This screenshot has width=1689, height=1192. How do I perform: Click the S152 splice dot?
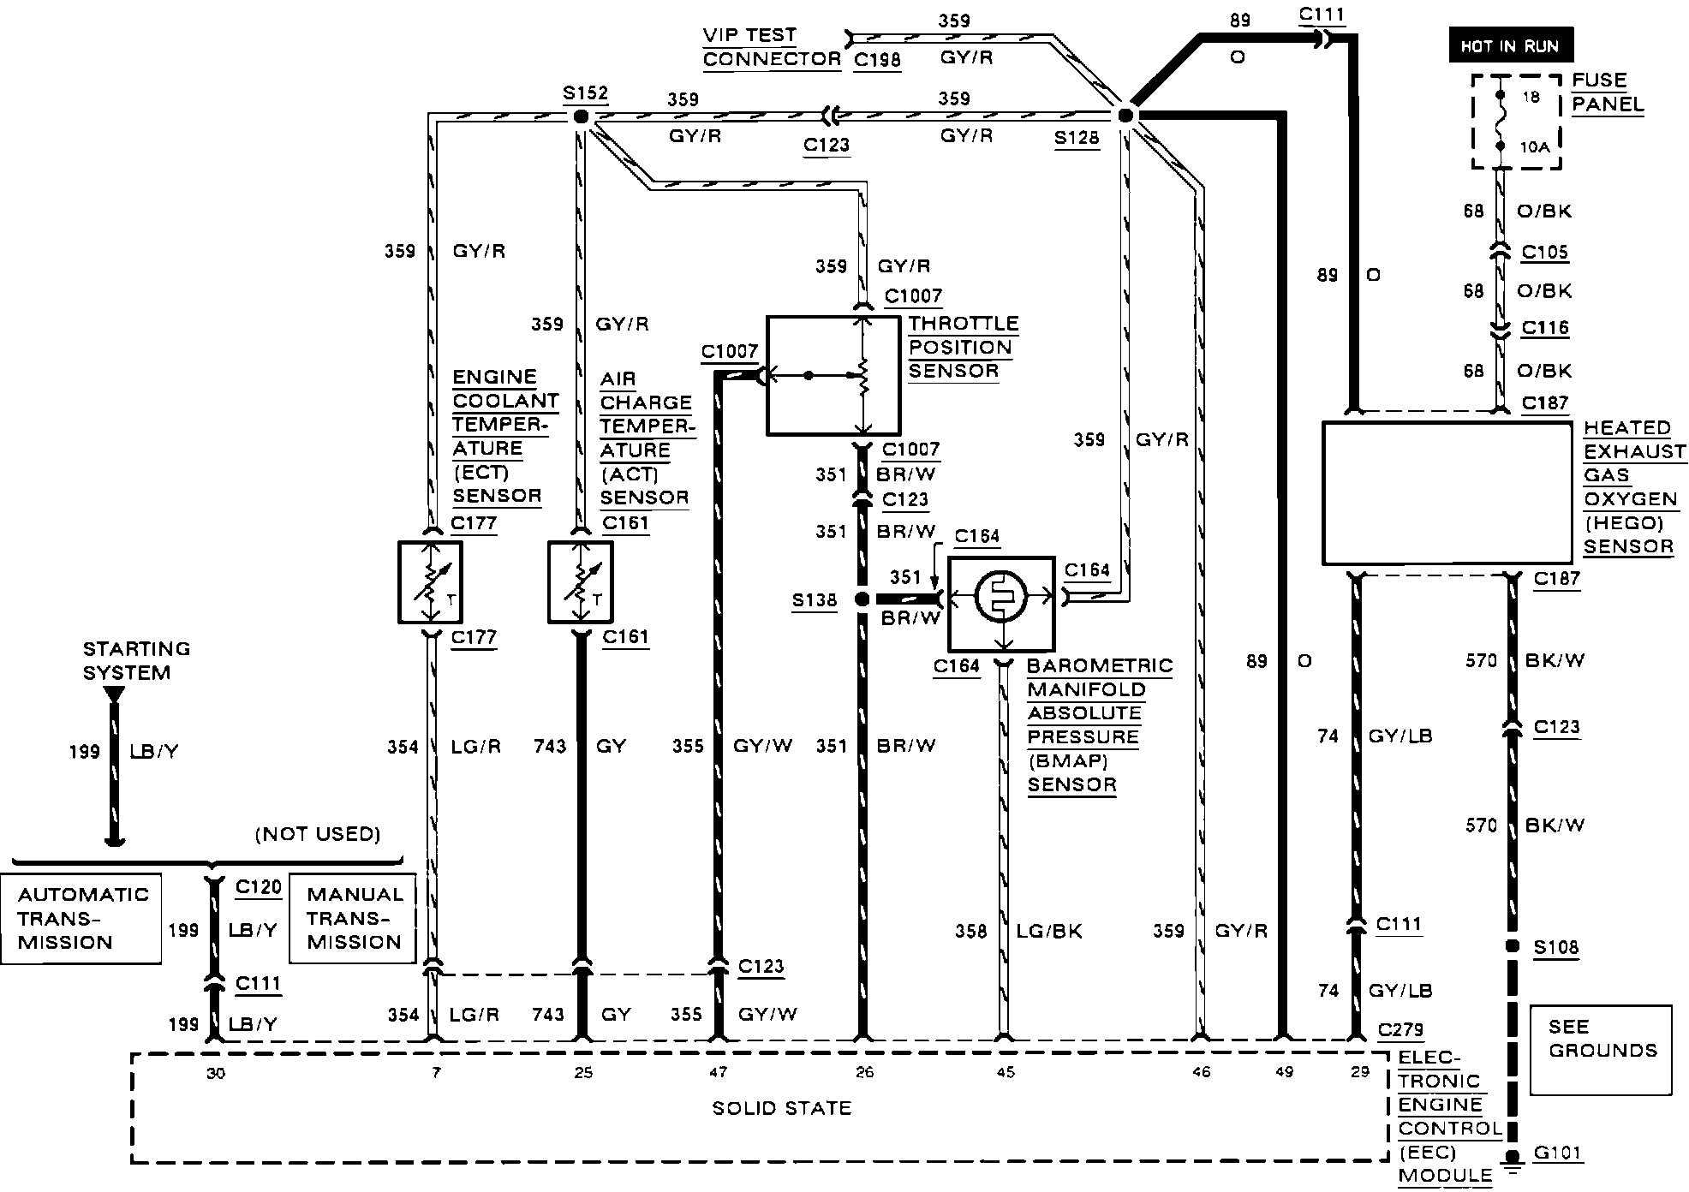(581, 116)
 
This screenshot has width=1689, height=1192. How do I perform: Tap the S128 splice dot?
(1125, 116)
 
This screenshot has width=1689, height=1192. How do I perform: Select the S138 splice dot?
(862, 599)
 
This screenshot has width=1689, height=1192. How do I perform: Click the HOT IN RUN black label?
(1510, 46)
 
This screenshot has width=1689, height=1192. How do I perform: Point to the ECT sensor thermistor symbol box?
(430, 582)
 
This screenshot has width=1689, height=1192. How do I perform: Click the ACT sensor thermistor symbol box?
(581, 582)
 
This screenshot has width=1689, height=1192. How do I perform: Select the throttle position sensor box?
(833, 375)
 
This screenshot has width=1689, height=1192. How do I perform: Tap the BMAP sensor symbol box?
(1001, 604)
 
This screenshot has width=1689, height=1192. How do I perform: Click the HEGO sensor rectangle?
(1447, 492)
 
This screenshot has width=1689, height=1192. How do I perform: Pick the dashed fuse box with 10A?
(1515, 122)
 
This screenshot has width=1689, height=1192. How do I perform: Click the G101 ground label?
(1556, 1153)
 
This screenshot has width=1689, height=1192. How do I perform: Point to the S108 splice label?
(1555, 947)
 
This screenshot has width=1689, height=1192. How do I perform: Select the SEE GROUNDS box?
(1600, 1050)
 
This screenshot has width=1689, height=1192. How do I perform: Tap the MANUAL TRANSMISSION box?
(353, 918)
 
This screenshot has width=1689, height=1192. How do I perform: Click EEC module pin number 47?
(718, 1072)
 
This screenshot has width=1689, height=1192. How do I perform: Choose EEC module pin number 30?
(215, 1073)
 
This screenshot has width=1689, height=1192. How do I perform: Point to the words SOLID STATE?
(781, 1108)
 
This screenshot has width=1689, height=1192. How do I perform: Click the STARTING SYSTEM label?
(136, 660)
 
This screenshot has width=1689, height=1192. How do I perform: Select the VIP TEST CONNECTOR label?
(760, 47)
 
